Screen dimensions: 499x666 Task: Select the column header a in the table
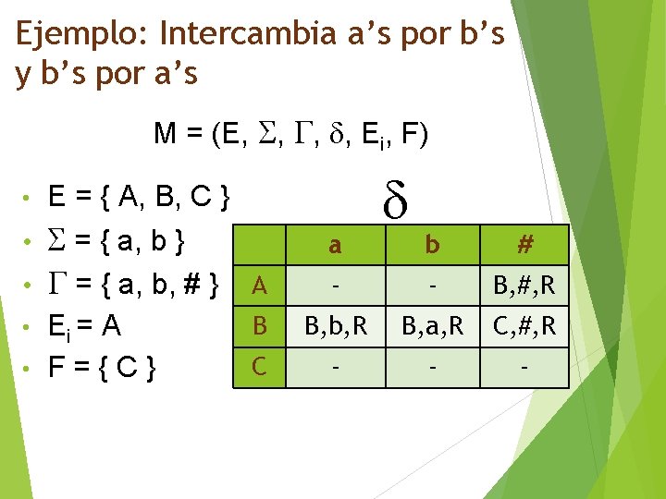pos(336,246)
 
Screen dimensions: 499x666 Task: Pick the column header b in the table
pos(432,246)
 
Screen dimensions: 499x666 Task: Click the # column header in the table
pos(524,246)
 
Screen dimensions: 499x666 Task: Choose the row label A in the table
pos(260,286)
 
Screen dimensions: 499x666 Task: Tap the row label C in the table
pos(260,367)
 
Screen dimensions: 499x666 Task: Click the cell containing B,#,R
pos(524,286)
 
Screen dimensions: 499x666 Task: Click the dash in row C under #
pos(524,367)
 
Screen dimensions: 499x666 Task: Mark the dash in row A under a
pos(336,286)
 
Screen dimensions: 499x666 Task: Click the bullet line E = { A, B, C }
pos(139,196)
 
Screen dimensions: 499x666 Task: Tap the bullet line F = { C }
pos(103,367)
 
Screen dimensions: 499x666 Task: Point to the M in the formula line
pos(166,136)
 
